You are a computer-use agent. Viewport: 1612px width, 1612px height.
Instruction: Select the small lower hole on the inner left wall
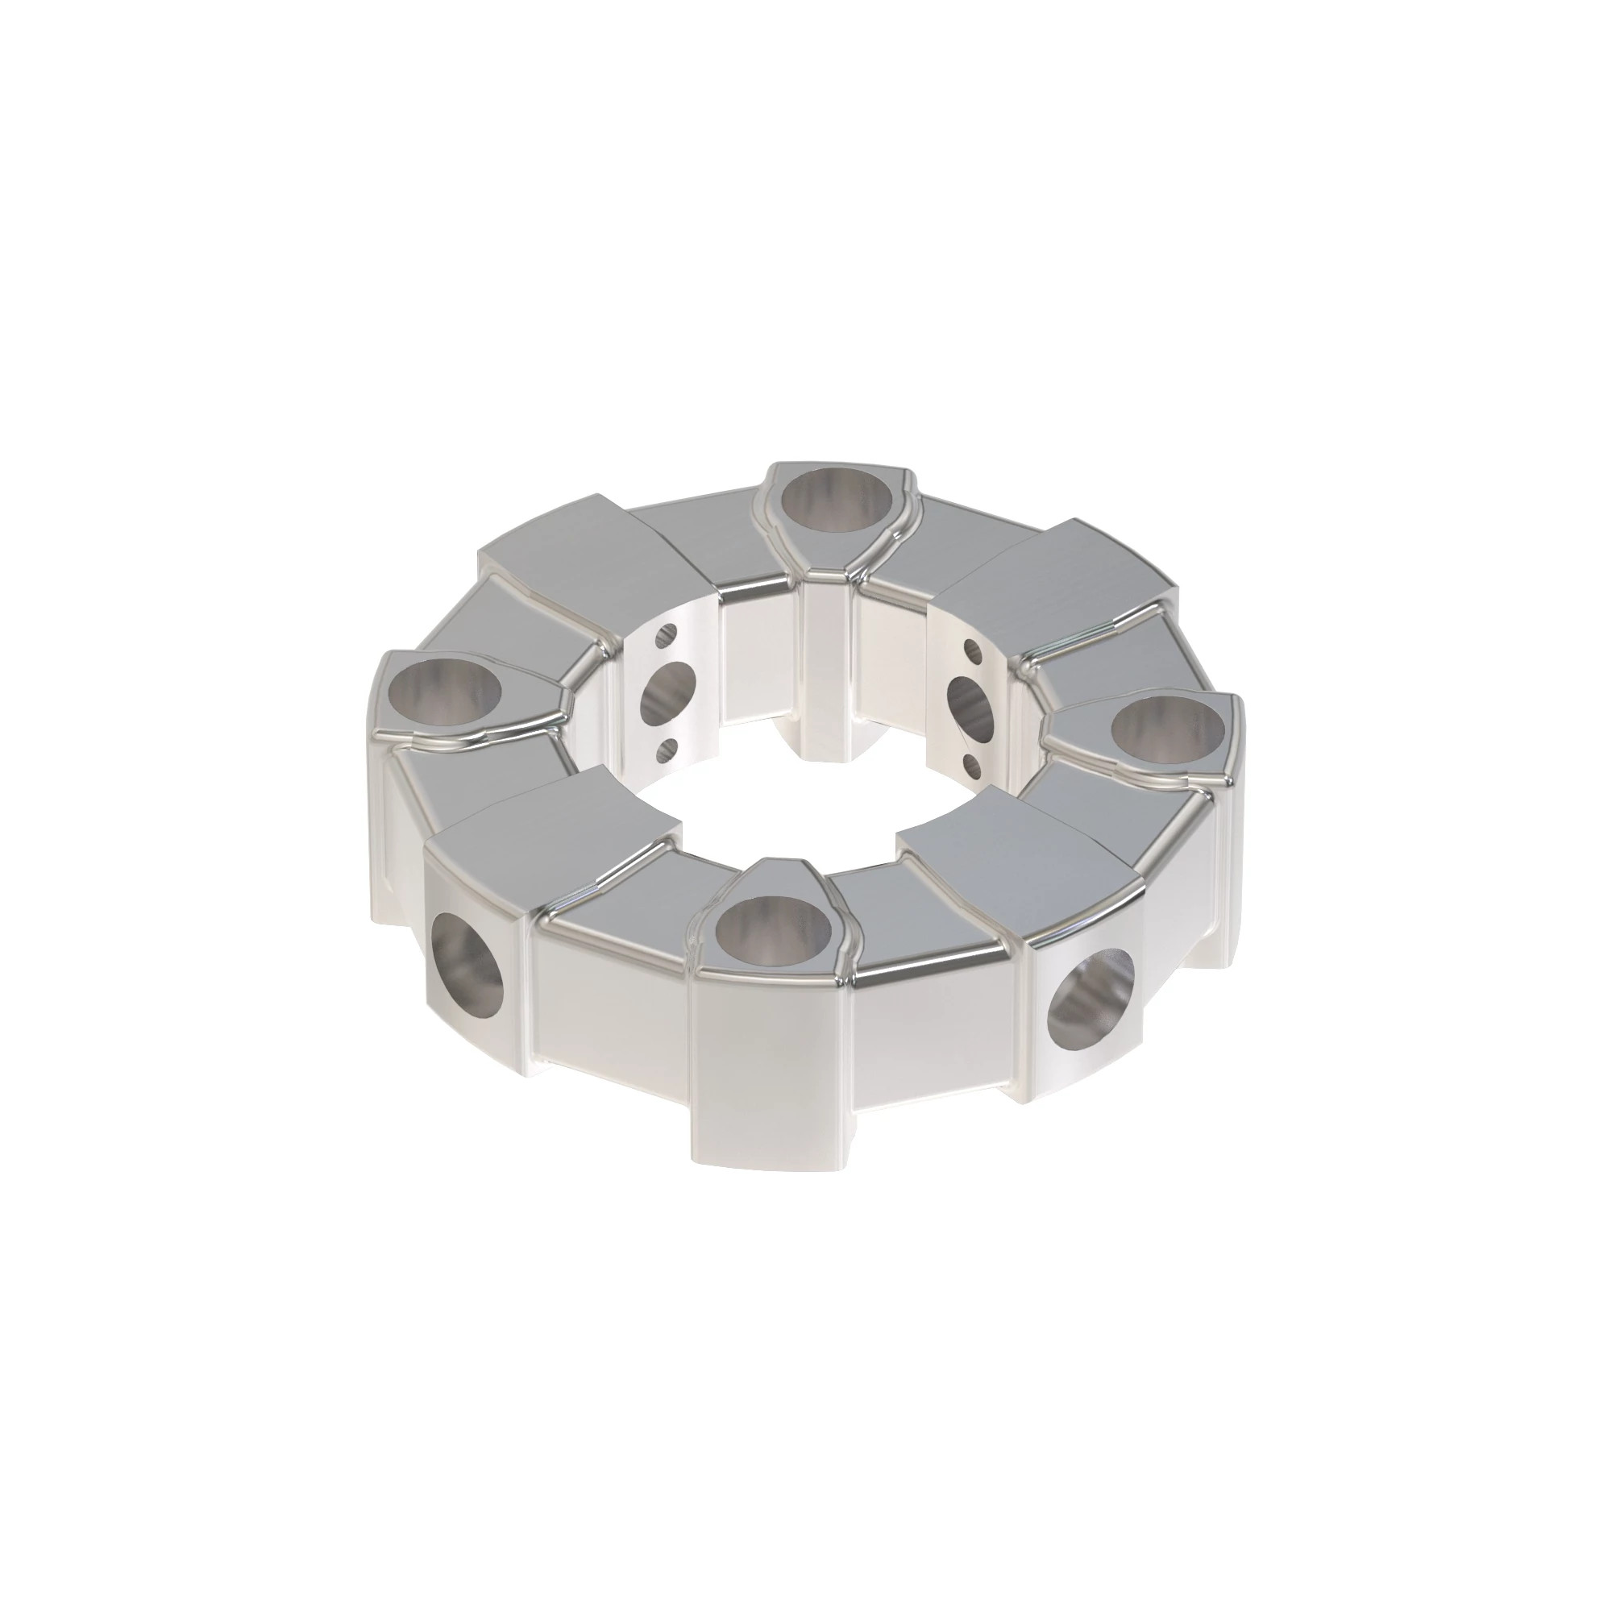(665, 754)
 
